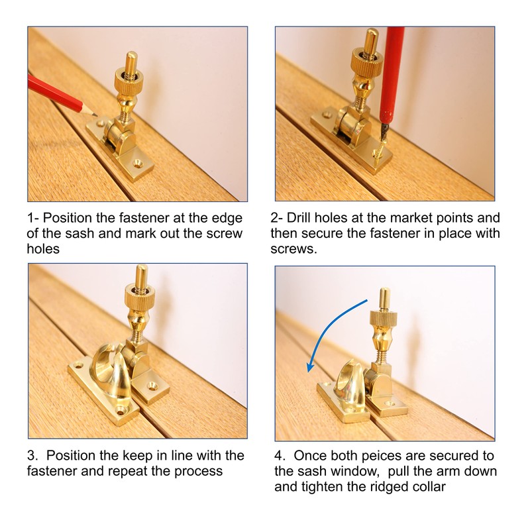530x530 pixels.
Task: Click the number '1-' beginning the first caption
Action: point(33,218)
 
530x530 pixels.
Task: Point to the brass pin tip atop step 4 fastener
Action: point(384,291)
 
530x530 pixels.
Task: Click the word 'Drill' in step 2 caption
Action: point(299,218)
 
